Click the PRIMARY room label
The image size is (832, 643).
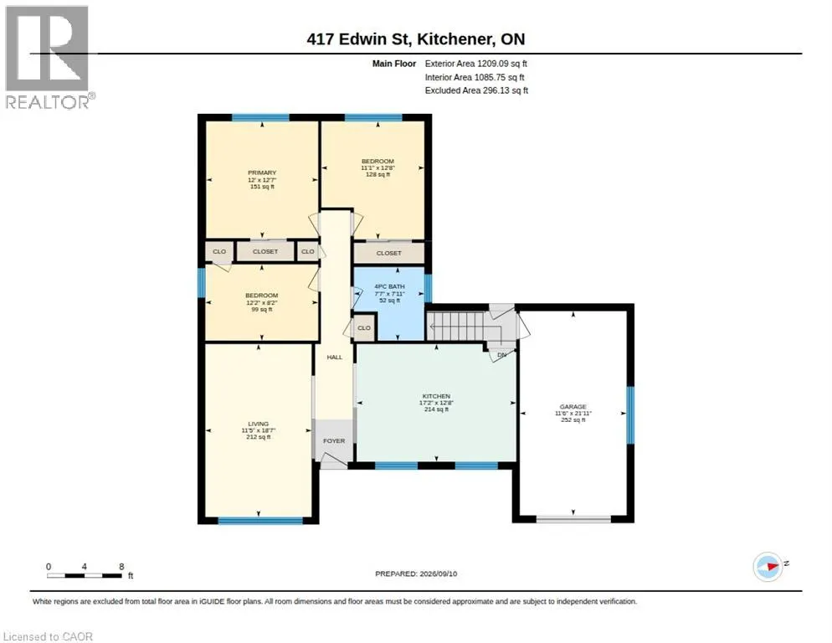pos(262,172)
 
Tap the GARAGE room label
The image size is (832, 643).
pos(573,407)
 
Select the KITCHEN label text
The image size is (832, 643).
pos(436,396)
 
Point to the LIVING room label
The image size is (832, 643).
pos(259,424)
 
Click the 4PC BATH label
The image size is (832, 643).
pos(389,286)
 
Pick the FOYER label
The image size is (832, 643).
pos(334,440)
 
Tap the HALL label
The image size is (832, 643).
pos(334,358)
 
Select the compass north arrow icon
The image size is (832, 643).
pos(768,567)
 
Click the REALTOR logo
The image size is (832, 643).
pos(49,57)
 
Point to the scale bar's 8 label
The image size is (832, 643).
pos(121,567)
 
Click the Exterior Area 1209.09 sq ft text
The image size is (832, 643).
pos(476,64)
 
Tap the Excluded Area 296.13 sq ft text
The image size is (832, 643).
pos(476,90)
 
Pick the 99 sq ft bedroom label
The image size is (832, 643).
pos(262,309)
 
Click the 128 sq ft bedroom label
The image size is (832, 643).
pos(377,174)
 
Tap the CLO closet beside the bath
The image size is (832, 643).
pos(364,327)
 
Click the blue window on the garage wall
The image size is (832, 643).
pos(630,414)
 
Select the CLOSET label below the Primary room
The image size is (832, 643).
pos(265,252)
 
